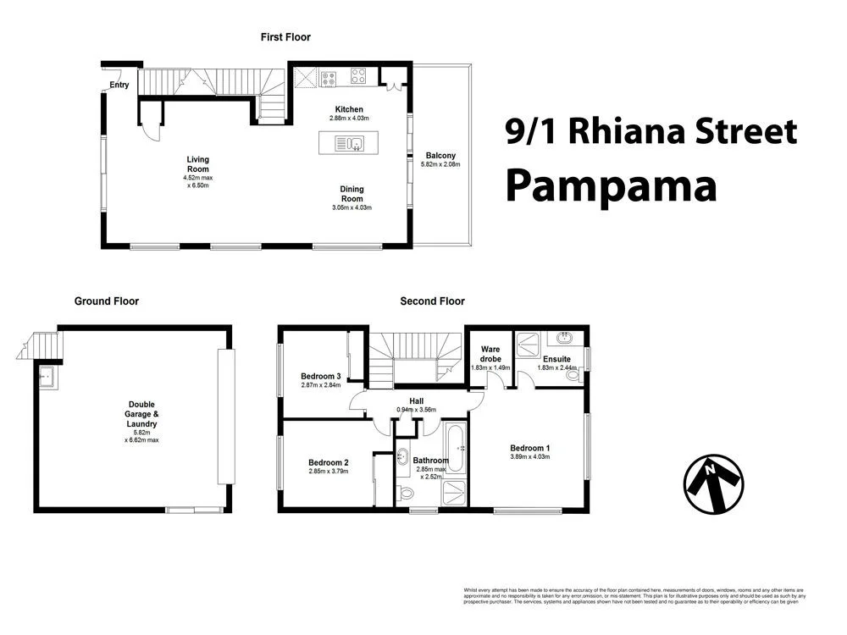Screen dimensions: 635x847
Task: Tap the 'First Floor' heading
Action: click(x=285, y=37)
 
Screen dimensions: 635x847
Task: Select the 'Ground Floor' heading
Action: click(x=107, y=301)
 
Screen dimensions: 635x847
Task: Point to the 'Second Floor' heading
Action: click(x=432, y=301)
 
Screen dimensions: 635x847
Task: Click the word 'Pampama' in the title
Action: click(x=611, y=185)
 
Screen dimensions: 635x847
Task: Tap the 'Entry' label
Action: click(x=119, y=85)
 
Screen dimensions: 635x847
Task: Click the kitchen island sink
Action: click(x=355, y=143)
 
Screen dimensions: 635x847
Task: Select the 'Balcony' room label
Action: click(x=440, y=155)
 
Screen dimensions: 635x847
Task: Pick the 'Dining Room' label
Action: click(x=352, y=194)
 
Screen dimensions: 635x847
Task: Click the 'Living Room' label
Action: click(x=197, y=164)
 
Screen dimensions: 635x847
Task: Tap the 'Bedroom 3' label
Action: click(x=320, y=377)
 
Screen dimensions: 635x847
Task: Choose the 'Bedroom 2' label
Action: click(x=329, y=462)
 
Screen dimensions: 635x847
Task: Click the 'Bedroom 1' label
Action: click(x=529, y=448)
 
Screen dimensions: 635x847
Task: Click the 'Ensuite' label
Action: click(x=556, y=359)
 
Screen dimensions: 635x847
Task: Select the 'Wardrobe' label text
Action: click(x=490, y=354)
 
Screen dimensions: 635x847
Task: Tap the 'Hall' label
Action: click(x=416, y=401)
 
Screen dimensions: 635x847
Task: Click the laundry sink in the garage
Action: click(x=46, y=375)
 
